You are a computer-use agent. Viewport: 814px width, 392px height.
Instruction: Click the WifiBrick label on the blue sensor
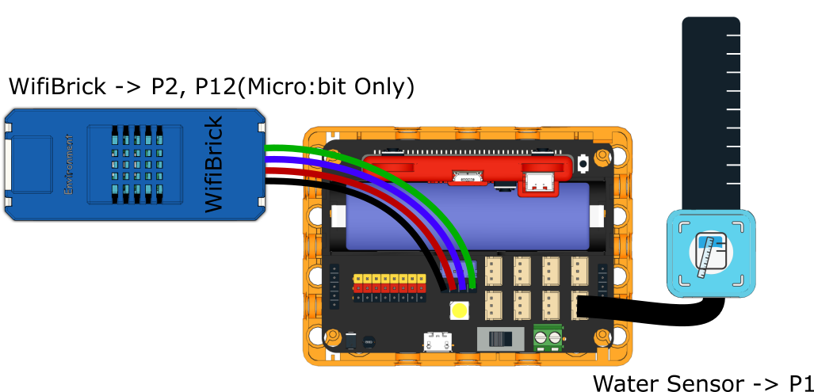point(212,164)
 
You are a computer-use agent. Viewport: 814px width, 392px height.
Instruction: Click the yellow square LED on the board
point(458,310)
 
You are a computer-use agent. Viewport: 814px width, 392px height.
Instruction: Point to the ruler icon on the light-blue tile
point(710,253)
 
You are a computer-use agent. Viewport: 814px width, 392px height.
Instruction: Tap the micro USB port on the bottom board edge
point(435,343)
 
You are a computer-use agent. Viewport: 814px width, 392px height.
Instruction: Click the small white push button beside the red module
point(583,164)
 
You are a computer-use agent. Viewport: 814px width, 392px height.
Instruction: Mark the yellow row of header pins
point(389,279)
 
